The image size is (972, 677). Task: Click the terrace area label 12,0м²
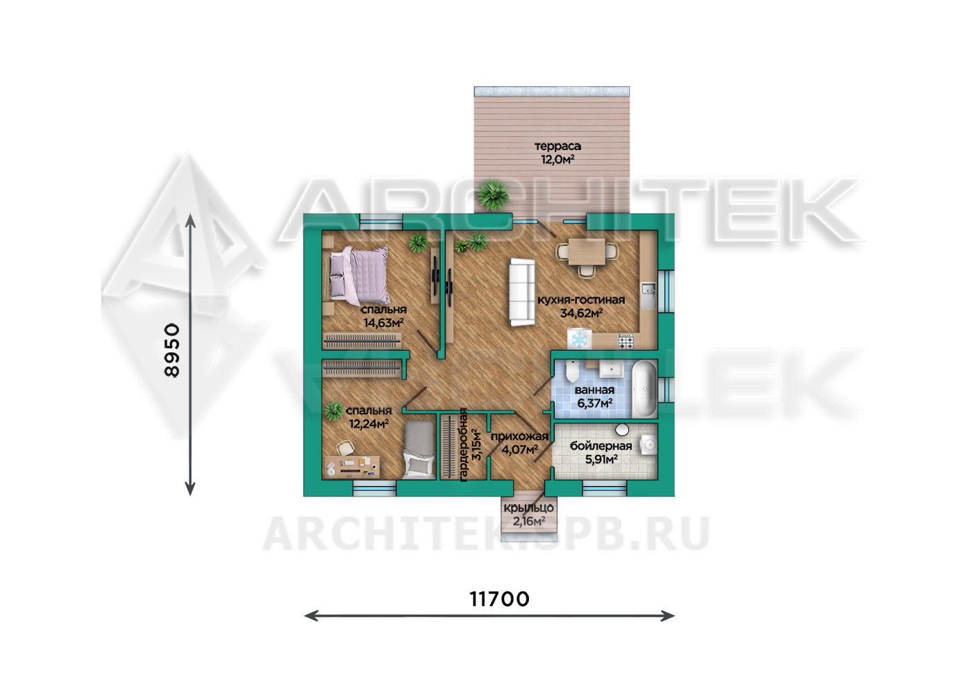[x=558, y=159]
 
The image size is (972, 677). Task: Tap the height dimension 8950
[x=172, y=350]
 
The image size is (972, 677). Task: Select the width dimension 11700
[x=500, y=599]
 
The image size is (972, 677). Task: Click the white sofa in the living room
[x=522, y=292]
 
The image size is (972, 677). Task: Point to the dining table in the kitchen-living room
[x=587, y=251]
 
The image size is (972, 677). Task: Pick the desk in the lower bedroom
[x=353, y=467]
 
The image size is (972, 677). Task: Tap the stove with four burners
[x=626, y=341]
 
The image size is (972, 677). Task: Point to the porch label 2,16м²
[x=529, y=521]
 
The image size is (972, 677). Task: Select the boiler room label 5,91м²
[x=601, y=459]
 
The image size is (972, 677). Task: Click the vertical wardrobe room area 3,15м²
[x=476, y=445]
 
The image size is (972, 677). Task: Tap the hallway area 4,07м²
[x=520, y=449]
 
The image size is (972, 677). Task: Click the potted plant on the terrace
[x=493, y=195]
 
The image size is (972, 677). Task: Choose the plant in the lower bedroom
[x=334, y=410]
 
